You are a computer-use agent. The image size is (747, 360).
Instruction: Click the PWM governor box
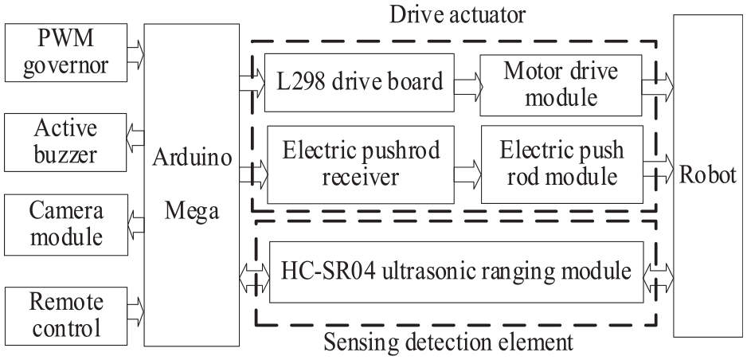pyautogui.click(x=66, y=53)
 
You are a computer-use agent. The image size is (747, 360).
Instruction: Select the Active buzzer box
pyautogui.click(x=65, y=143)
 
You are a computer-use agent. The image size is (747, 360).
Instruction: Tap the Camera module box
pyautogui.click(x=66, y=225)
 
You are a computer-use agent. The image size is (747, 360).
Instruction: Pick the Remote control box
pyautogui.click(x=66, y=315)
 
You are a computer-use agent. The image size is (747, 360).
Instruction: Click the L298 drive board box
pyautogui.click(x=359, y=82)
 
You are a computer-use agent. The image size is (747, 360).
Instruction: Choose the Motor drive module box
pyautogui.click(x=561, y=85)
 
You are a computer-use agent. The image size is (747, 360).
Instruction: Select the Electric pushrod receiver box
pyautogui.click(x=361, y=164)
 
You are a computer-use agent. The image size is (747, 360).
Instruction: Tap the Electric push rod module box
pyautogui.click(x=561, y=164)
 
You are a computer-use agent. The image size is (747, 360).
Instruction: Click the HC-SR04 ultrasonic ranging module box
pyautogui.click(x=456, y=272)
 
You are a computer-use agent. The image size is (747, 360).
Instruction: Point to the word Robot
pyautogui.click(x=707, y=175)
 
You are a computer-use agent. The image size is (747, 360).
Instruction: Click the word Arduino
pyautogui.click(x=192, y=158)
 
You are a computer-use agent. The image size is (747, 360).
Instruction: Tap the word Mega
pyautogui.click(x=192, y=210)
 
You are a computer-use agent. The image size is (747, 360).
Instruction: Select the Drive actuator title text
pyautogui.click(x=457, y=14)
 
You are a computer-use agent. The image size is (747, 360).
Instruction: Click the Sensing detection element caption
pyautogui.click(x=448, y=342)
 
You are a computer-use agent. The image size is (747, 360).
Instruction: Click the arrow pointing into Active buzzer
pyautogui.click(x=135, y=138)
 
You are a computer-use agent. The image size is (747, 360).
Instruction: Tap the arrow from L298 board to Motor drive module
pyautogui.click(x=468, y=86)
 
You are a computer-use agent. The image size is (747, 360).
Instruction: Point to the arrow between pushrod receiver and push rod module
pyautogui.click(x=468, y=172)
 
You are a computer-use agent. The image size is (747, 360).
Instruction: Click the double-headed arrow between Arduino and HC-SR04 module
pyautogui.click(x=254, y=279)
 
